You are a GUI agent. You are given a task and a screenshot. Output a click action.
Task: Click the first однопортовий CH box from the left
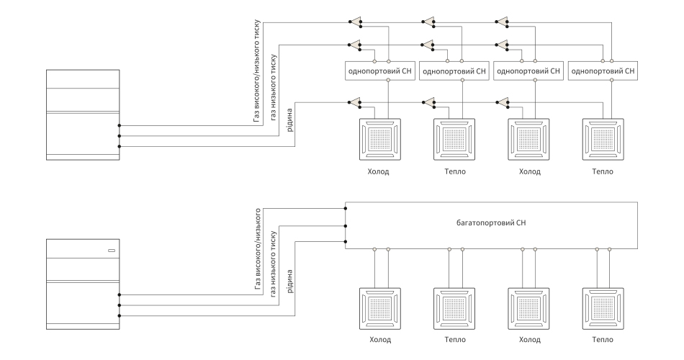[x=379, y=71]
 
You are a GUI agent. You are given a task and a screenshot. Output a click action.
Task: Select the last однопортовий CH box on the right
[x=603, y=71]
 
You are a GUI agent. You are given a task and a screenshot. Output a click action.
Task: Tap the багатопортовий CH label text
[x=491, y=223]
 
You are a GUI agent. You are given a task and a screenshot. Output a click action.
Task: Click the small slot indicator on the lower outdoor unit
[x=112, y=251]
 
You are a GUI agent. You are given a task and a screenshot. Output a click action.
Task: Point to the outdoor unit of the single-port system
[x=83, y=114]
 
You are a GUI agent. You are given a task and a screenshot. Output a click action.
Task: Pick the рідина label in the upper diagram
[x=289, y=120]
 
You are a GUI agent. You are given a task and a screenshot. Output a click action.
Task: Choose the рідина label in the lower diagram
[x=289, y=282]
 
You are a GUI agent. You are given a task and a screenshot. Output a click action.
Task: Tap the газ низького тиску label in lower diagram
[x=274, y=264]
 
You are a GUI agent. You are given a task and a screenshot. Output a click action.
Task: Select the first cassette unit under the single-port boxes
[x=379, y=139]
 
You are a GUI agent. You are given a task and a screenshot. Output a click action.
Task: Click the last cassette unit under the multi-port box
[x=603, y=308]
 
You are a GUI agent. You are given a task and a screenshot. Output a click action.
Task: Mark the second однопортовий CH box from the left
[x=454, y=71]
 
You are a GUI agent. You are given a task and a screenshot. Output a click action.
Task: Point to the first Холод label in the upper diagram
[x=378, y=171]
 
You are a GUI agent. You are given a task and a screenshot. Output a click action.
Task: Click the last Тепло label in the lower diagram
[x=603, y=340]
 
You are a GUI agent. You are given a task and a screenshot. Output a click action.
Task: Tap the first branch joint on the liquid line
[x=355, y=103]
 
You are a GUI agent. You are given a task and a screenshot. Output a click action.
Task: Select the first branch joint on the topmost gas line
[x=355, y=22]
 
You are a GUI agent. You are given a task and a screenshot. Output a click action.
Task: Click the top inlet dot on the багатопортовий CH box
[x=346, y=209]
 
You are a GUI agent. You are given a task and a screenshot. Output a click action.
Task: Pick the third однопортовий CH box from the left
[x=528, y=71]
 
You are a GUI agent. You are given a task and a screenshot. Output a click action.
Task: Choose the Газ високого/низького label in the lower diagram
[x=257, y=248]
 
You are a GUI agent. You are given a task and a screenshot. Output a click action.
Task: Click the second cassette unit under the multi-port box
[x=454, y=308]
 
